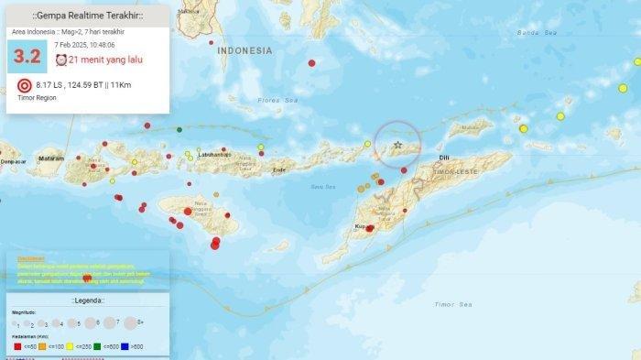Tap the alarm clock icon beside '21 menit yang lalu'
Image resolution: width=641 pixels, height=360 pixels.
click(x=61, y=60)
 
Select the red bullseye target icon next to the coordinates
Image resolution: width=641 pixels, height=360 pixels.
click(x=25, y=86)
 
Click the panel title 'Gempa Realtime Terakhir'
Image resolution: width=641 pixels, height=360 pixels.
click(x=87, y=16)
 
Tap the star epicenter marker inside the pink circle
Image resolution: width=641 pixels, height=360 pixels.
click(x=397, y=145)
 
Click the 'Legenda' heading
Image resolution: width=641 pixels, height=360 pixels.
click(x=88, y=300)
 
